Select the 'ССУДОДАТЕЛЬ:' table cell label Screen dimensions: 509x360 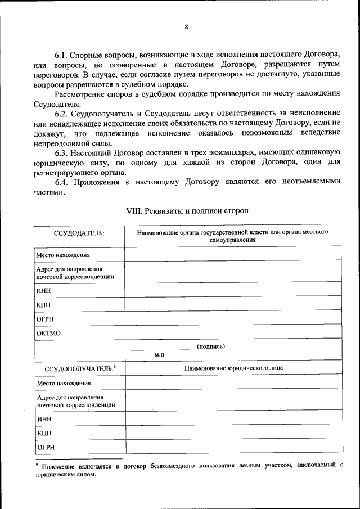(x=79, y=234)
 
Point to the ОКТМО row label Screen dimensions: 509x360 (x=48, y=333)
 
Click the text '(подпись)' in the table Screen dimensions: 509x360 (x=211, y=346)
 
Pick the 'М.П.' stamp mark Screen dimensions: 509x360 (x=160, y=355)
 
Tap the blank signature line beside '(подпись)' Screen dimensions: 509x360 (x=160, y=349)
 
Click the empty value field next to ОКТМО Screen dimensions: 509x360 (x=232, y=333)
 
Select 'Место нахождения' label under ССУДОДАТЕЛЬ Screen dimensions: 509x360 (x=64, y=255)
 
